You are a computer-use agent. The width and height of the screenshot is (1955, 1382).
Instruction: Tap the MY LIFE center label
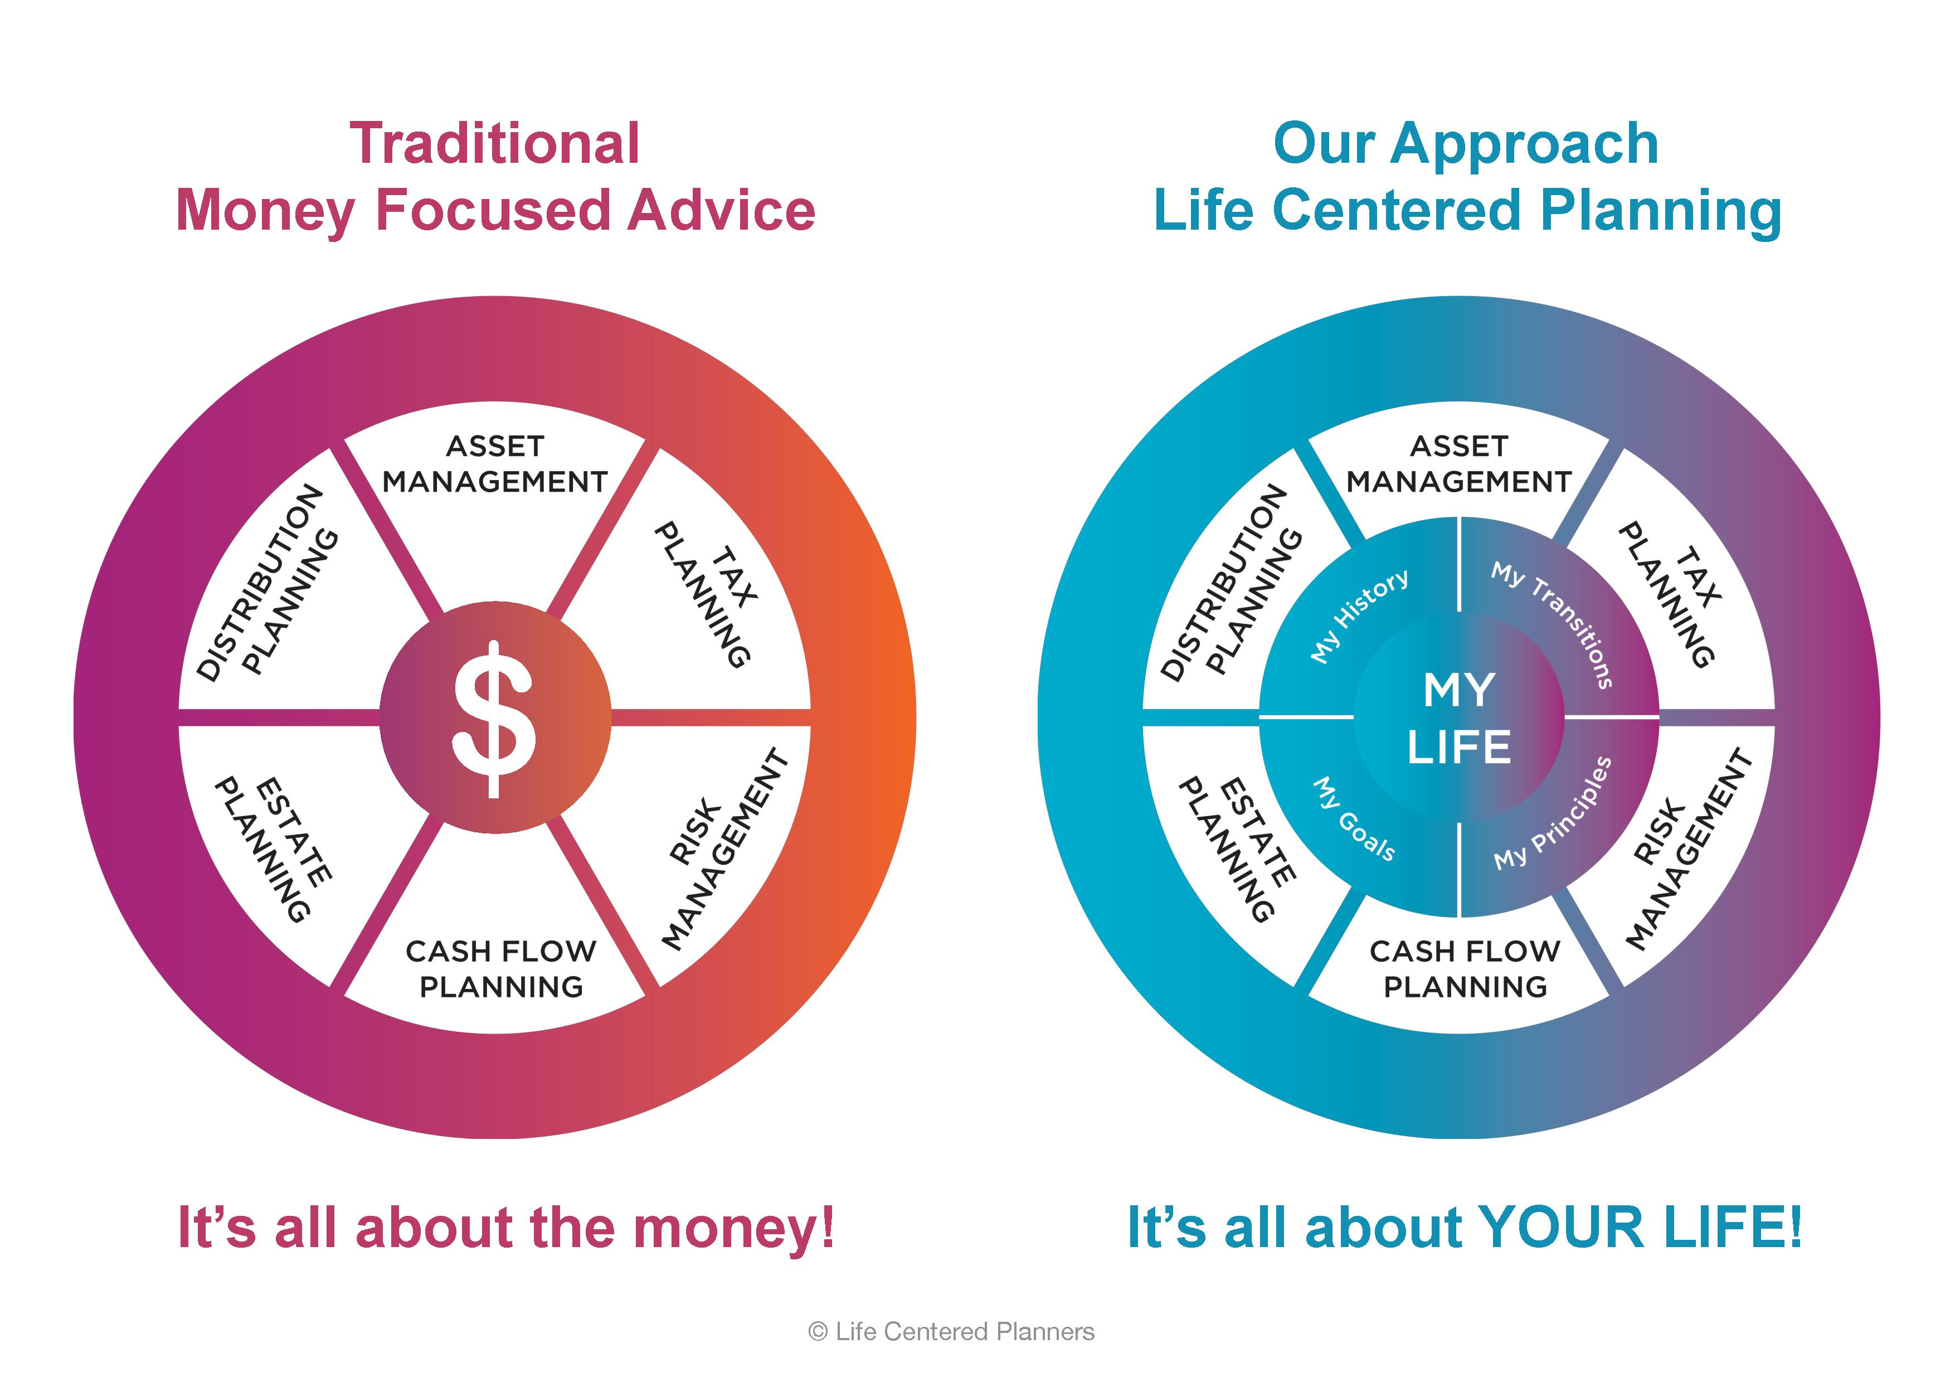1458,718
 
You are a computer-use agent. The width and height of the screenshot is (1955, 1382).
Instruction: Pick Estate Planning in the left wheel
273,849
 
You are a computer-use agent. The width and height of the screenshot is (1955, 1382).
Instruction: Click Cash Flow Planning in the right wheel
1465,968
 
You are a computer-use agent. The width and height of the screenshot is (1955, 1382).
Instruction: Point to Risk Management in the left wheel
726,849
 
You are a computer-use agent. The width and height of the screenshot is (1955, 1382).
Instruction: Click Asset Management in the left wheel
495,464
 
